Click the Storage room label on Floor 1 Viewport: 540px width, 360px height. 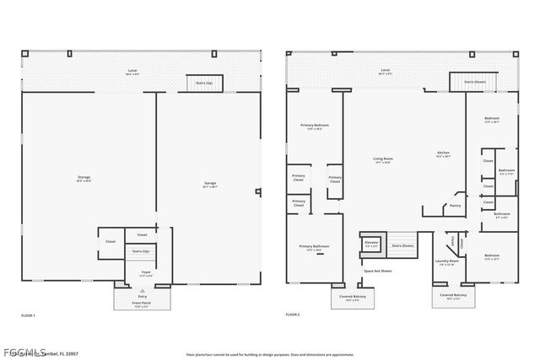(84, 178)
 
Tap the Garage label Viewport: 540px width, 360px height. (210, 184)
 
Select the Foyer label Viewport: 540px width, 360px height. (146, 272)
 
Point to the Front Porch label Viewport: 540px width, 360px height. (142, 304)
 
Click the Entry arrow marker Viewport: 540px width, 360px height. (142, 294)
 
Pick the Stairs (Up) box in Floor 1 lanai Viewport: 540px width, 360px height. (200, 83)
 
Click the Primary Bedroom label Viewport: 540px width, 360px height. (315, 126)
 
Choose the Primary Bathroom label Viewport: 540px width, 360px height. (315, 249)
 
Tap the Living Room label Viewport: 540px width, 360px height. (382, 160)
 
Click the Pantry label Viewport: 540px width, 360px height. (455, 205)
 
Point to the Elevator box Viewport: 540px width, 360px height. (371, 244)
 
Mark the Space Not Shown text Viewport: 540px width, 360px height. (378, 271)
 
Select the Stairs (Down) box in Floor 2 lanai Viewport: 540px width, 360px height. (466, 82)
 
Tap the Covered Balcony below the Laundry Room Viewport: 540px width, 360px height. (453, 296)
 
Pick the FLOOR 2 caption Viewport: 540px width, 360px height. (293, 314)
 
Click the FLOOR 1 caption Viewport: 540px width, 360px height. (28, 314)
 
